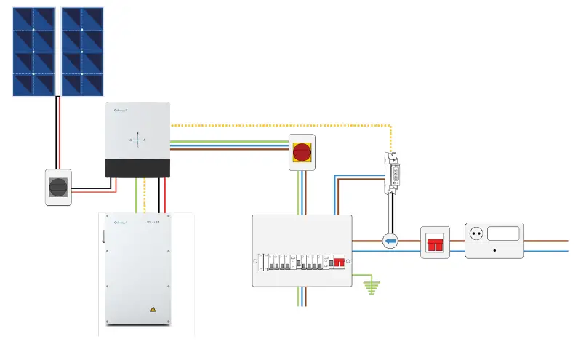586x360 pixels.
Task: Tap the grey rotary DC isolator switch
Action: (x=58, y=187)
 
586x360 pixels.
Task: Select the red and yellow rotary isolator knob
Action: (x=301, y=152)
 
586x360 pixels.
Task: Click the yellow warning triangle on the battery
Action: (x=153, y=310)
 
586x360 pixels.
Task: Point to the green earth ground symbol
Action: (x=372, y=287)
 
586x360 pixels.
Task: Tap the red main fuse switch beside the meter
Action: (x=436, y=244)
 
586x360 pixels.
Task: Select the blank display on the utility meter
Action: (x=502, y=234)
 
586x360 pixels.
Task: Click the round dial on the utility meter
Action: (x=478, y=235)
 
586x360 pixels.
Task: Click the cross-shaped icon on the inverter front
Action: (x=138, y=139)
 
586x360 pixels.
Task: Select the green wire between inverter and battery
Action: (x=136, y=195)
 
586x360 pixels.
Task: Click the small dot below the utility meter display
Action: (x=494, y=250)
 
